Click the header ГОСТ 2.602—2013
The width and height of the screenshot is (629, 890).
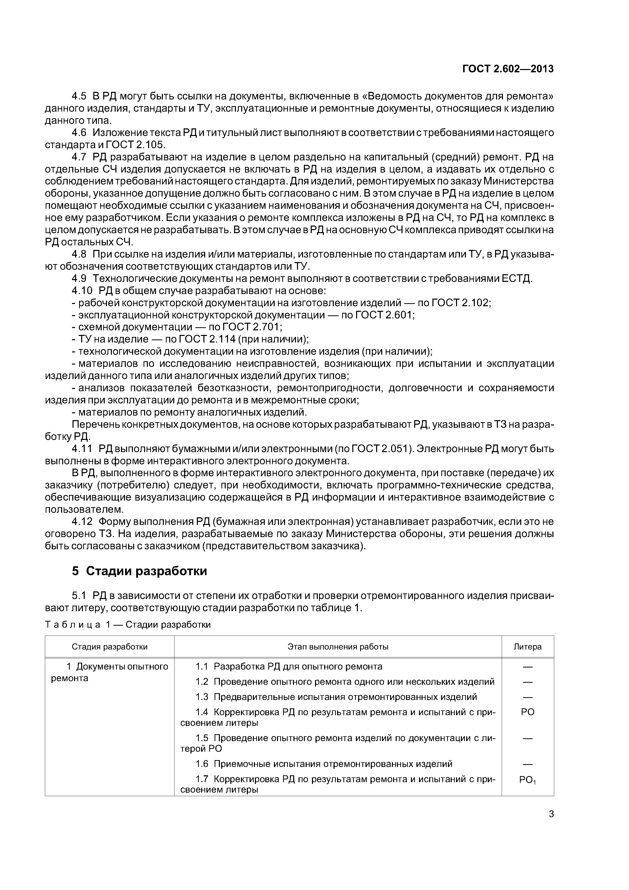pyautogui.click(x=508, y=69)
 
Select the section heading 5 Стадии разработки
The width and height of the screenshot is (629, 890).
pyautogui.click(x=139, y=571)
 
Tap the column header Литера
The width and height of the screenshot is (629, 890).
pyautogui.click(x=528, y=646)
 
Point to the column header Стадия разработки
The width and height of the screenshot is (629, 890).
pyautogui.click(x=109, y=646)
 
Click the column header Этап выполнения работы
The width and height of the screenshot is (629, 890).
pyautogui.click(x=338, y=646)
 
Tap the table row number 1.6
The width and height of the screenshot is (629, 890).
pyautogui.click(x=202, y=764)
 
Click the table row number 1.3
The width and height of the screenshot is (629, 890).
pyautogui.click(x=202, y=697)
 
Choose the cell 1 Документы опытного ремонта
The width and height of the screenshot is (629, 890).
pyautogui.click(x=110, y=672)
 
